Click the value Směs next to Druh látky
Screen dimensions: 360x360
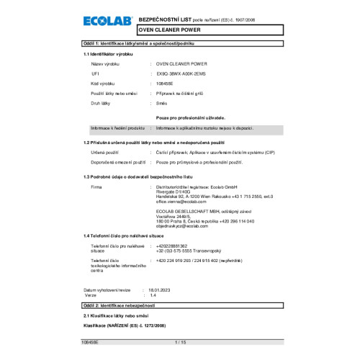click(162, 104)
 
